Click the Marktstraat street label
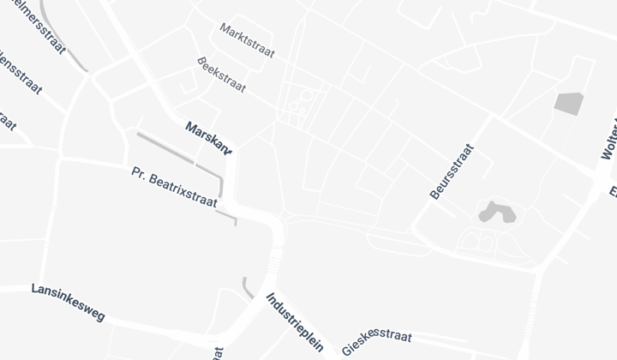click(247, 40)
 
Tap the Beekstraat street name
click(221, 75)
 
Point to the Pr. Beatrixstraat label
click(174, 187)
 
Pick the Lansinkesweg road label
click(68, 303)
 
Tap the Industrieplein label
click(294, 322)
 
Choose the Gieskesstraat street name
click(377, 341)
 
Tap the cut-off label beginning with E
click(612, 189)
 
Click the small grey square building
click(568, 103)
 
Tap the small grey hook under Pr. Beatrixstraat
click(226, 218)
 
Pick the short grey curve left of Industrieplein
click(246, 287)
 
